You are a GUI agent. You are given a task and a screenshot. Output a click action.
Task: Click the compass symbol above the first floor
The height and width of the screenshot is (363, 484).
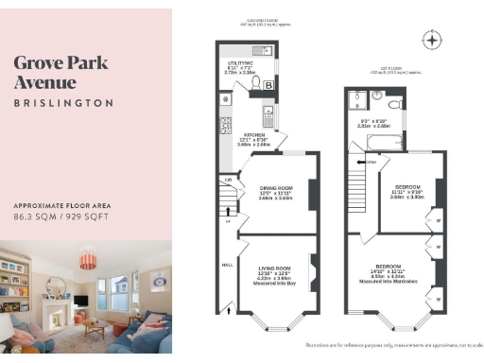pyautogui.click(x=433, y=40)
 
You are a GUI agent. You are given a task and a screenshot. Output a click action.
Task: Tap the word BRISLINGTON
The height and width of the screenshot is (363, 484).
pyautogui.click(x=63, y=102)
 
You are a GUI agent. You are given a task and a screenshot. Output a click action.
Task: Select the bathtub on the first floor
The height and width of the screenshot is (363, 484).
pyautogui.click(x=370, y=142)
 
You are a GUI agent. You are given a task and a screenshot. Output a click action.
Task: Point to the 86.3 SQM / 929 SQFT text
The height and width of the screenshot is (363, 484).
pyautogui.click(x=63, y=216)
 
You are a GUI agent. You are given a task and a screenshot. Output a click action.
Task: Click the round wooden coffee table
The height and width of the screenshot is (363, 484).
pyautogui.click(x=94, y=326)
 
